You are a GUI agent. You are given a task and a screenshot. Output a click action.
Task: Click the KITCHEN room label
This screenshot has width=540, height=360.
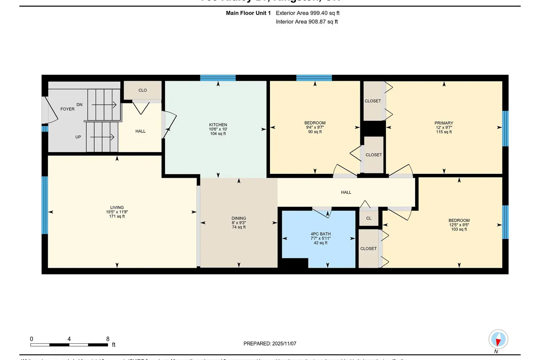click(x=218, y=125)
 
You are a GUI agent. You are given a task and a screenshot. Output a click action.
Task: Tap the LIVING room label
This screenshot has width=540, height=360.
click(x=117, y=207)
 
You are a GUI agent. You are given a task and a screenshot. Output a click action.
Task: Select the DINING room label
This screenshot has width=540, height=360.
click(x=239, y=218)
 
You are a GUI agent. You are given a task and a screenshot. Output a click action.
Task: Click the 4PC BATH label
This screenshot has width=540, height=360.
click(x=320, y=234)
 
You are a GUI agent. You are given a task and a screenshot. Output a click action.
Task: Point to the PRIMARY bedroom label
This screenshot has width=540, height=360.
click(x=444, y=123)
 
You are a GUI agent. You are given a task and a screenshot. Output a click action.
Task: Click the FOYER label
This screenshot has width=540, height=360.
click(x=67, y=109)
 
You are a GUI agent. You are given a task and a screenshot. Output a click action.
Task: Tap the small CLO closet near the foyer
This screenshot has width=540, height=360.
click(x=143, y=90)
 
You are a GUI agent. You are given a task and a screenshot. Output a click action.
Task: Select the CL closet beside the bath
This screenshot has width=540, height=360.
click(x=369, y=218)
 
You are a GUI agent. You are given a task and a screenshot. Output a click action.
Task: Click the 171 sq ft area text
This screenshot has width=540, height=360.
click(x=117, y=216)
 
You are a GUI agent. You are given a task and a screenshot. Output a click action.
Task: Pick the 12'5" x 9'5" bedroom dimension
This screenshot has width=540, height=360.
click(x=459, y=225)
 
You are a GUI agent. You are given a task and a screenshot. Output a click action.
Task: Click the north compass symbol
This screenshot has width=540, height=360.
click(x=498, y=339)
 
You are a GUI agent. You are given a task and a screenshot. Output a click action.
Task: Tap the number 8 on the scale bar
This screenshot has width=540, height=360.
click(x=108, y=339)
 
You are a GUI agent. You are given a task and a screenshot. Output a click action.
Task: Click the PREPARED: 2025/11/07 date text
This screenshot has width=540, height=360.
click(x=270, y=343)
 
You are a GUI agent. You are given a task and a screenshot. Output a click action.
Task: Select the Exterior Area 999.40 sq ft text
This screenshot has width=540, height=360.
click(x=307, y=13)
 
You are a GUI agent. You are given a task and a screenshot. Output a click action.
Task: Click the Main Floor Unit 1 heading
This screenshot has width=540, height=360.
click(x=248, y=13)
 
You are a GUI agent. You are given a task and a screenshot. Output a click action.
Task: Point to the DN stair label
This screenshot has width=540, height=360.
click(x=80, y=105)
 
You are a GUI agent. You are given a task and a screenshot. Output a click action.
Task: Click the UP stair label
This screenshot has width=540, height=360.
click(x=78, y=137)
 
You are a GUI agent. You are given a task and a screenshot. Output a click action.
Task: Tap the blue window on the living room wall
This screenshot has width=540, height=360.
click(x=45, y=205)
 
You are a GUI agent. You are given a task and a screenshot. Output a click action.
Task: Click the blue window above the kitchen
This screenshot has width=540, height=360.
click(x=218, y=78)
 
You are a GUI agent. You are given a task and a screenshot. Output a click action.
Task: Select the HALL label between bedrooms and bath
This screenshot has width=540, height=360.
click(x=346, y=192)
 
